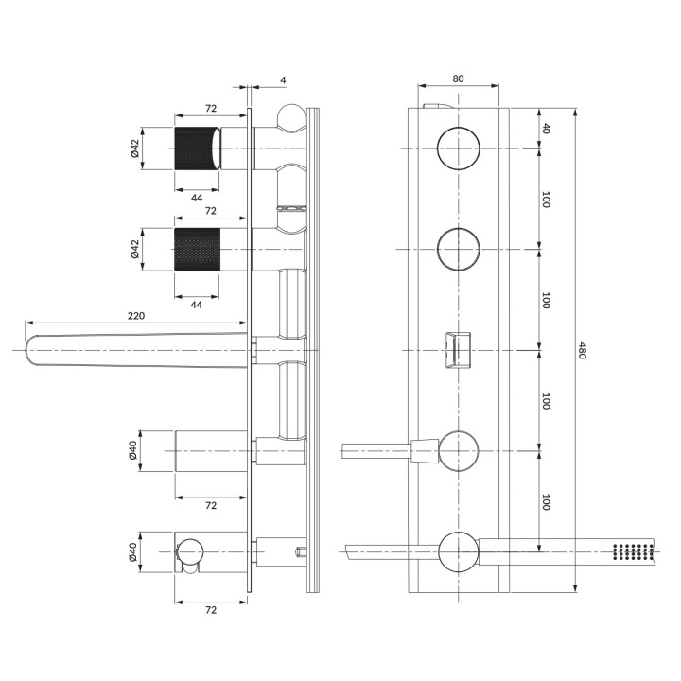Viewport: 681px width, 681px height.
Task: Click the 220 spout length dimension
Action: pos(135,317)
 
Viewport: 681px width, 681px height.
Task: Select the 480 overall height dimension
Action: pos(583,351)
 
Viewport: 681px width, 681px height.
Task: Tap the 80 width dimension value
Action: pos(458,79)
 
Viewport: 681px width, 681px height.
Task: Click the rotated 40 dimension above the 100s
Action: pos(546,129)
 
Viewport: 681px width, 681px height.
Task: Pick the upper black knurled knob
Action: pos(198,147)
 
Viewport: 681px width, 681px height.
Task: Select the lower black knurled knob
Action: pos(198,250)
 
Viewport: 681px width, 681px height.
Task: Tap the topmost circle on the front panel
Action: pos(459,148)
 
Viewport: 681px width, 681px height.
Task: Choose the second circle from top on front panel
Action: pos(459,249)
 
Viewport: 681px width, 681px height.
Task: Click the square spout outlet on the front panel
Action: pos(459,350)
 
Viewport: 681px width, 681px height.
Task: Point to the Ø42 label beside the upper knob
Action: pos(135,148)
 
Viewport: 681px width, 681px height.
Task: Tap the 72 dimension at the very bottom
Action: pos(212,610)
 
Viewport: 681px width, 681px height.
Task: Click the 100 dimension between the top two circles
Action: pos(546,199)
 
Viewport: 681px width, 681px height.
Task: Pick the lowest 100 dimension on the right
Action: pos(546,501)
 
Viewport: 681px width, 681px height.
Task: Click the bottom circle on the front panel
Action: pos(459,552)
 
